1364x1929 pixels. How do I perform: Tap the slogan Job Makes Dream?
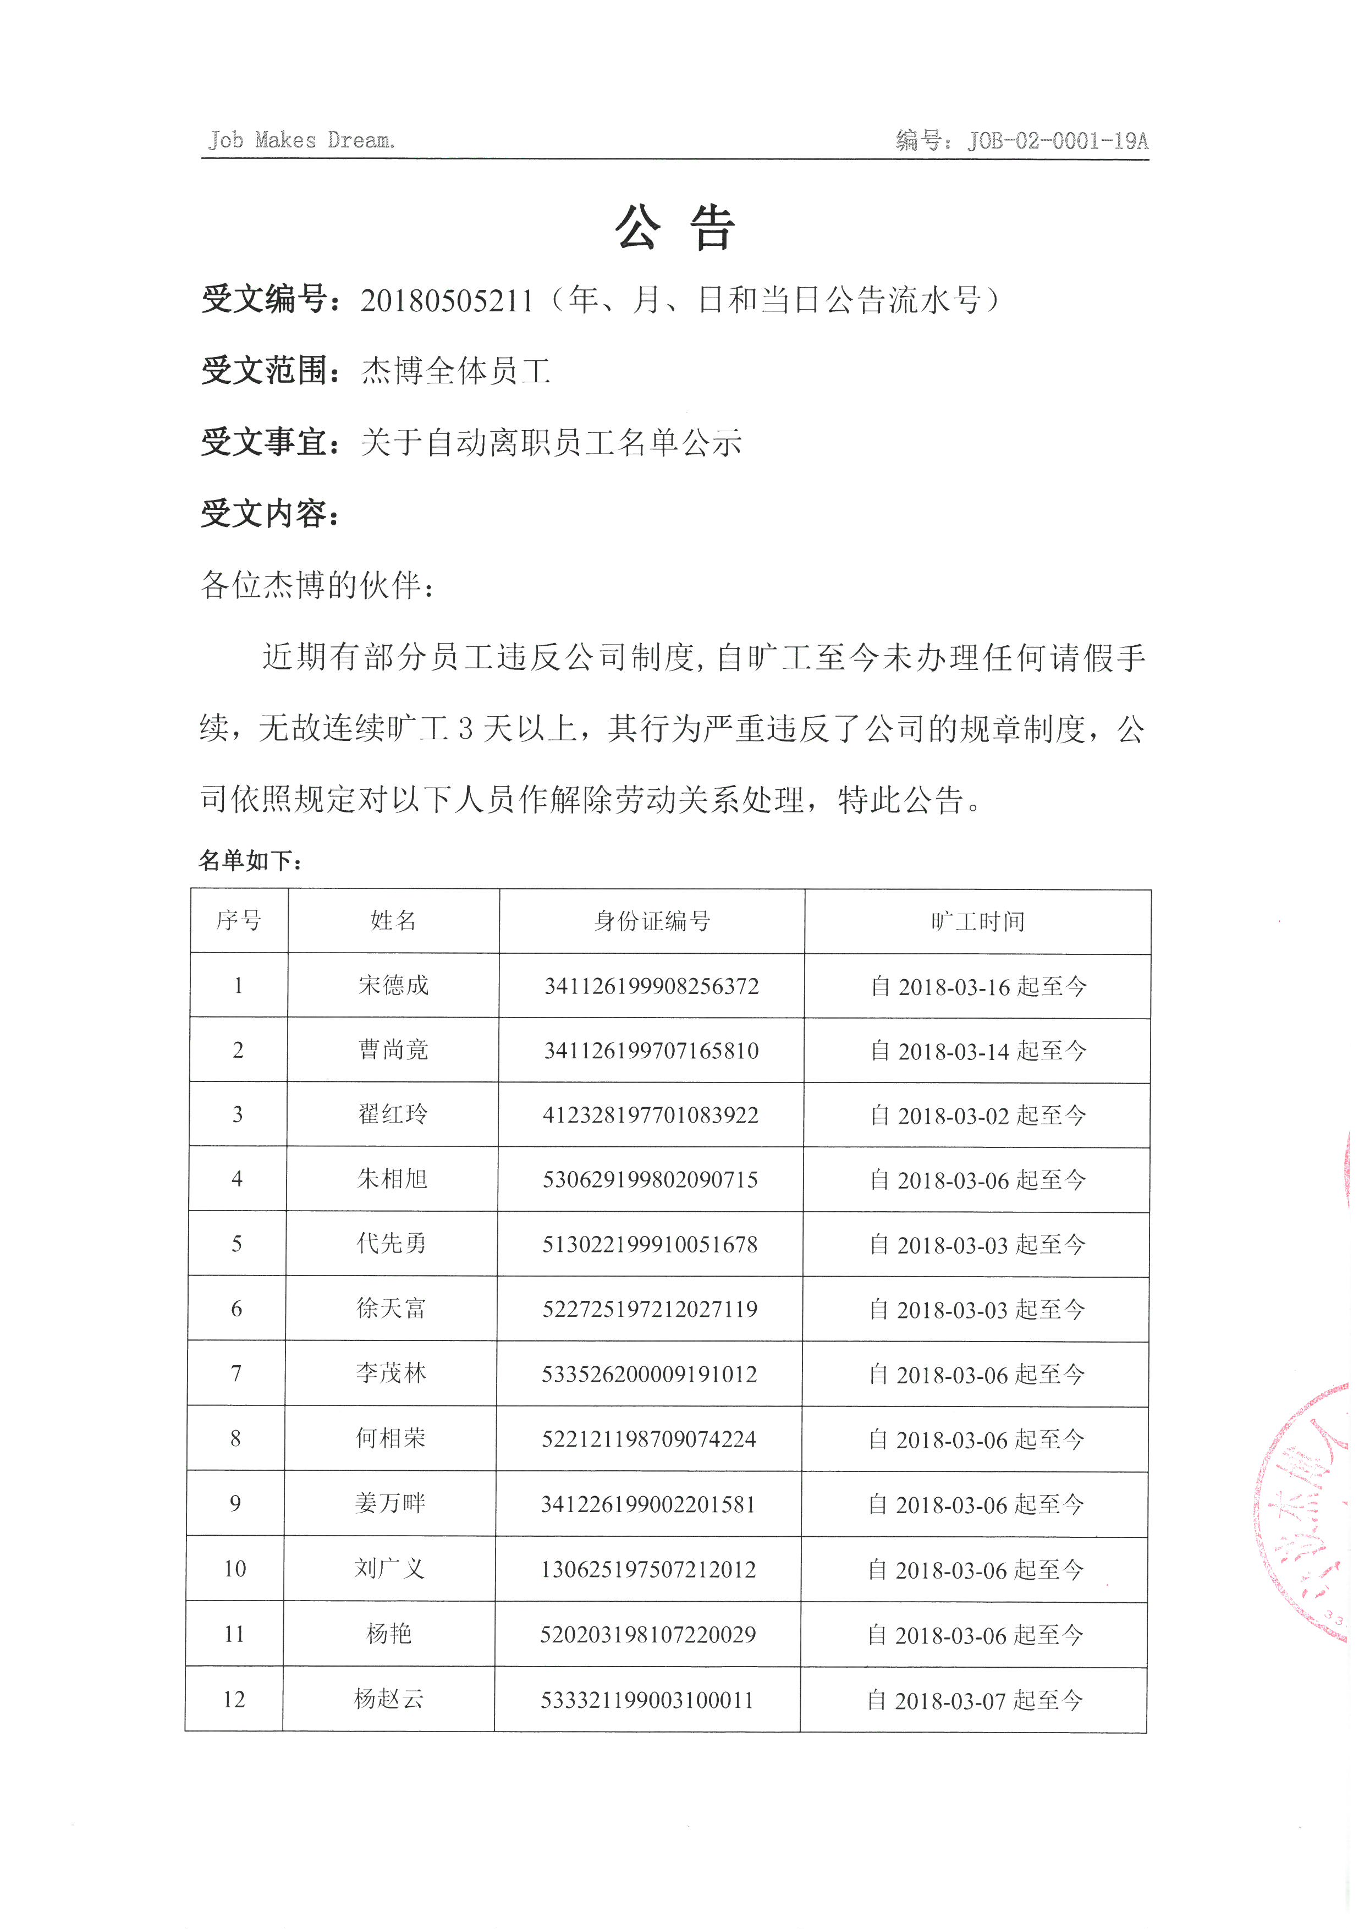coord(301,140)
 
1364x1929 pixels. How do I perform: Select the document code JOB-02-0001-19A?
coord(1058,140)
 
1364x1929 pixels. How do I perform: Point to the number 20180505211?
coord(447,300)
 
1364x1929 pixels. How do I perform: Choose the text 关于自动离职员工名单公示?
coord(551,442)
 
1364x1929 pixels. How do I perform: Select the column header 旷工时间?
coord(978,922)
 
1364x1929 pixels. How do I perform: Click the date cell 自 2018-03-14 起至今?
coord(978,1050)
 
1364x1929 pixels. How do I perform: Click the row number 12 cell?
coord(234,1699)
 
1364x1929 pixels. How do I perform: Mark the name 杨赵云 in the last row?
coord(389,1699)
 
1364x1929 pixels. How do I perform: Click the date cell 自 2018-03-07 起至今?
coord(974,1700)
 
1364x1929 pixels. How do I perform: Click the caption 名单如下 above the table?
coord(250,860)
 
